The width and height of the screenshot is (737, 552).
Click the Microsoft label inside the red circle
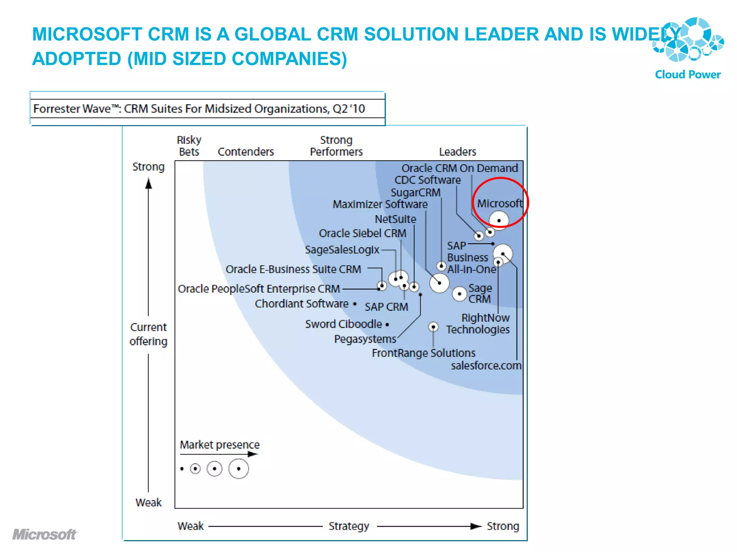click(x=499, y=203)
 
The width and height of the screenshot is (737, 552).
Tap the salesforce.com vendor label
click(x=486, y=365)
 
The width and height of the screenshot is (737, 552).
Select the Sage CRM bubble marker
click(x=460, y=294)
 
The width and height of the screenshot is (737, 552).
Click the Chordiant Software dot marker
click(x=355, y=304)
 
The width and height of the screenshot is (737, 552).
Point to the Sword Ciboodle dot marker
click(x=387, y=325)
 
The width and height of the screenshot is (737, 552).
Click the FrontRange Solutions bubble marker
click(x=433, y=327)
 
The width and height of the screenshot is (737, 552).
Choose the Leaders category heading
click(x=457, y=152)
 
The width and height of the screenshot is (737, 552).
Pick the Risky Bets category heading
click(x=189, y=146)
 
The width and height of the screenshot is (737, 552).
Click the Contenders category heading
click(x=246, y=152)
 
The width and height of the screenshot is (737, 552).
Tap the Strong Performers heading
click(x=336, y=146)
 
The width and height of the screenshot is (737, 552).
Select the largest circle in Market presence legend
click(x=239, y=469)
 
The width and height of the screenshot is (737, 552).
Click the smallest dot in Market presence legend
click(x=182, y=469)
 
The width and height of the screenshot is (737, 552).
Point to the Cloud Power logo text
click(x=687, y=74)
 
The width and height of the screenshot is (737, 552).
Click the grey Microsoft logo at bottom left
click(x=45, y=534)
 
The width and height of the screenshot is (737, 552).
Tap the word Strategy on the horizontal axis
click(x=349, y=526)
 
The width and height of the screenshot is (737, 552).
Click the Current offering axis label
click(x=148, y=334)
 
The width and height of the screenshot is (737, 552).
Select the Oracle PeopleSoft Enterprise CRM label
click(x=259, y=289)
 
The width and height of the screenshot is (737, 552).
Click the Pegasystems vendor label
click(x=365, y=339)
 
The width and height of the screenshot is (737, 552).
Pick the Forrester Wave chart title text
click(x=199, y=109)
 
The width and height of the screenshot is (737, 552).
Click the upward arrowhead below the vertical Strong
click(x=148, y=184)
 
